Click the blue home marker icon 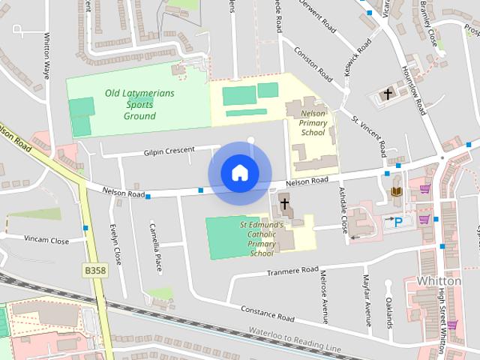(x=239, y=172)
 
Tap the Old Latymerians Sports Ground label (x=140, y=104)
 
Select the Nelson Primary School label (x=313, y=121)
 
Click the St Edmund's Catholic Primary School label (x=262, y=238)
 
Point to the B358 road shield (x=94, y=269)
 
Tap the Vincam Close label (x=46, y=241)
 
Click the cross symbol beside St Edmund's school (x=285, y=203)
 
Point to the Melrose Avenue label (x=325, y=297)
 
